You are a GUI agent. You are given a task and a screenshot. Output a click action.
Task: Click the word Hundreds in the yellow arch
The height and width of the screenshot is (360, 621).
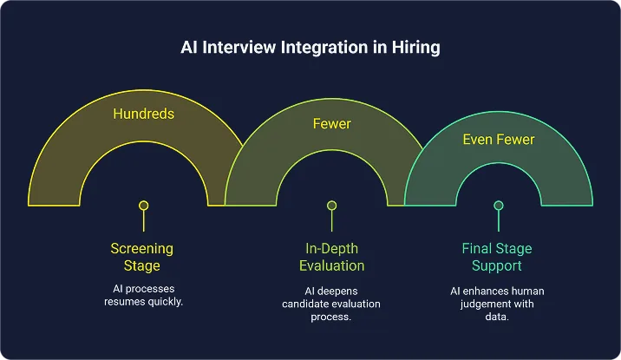tap(143, 114)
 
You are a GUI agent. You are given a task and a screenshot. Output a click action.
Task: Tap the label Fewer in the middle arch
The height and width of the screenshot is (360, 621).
tap(331, 124)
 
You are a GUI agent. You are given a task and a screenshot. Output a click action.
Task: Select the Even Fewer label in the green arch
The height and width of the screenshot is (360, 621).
tap(499, 139)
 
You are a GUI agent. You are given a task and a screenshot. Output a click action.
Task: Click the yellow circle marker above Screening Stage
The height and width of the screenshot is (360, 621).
tap(144, 206)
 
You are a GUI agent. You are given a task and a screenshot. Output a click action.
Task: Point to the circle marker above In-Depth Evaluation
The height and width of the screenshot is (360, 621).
tap(331, 206)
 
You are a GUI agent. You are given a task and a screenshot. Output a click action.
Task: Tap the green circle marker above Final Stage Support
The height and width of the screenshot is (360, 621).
tap(499, 206)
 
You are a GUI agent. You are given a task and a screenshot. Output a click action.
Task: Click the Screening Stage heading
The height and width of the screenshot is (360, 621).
tap(142, 257)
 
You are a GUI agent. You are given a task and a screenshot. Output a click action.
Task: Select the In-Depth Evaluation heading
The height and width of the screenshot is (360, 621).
tap(331, 257)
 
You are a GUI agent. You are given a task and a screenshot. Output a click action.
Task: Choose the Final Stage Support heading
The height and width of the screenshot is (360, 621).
tap(498, 257)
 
